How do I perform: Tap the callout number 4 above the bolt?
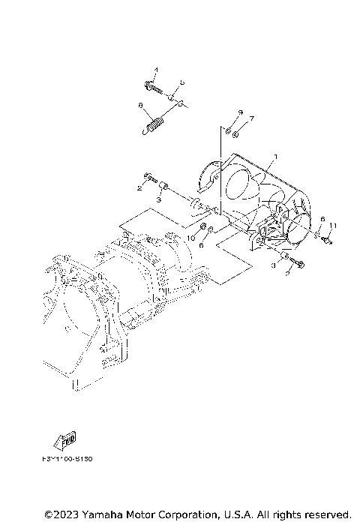(157, 70)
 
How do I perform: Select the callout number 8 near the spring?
(140, 107)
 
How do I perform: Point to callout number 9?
(240, 112)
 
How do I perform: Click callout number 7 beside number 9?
(253, 118)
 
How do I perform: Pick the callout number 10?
(190, 237)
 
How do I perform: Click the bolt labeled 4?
(155, 88)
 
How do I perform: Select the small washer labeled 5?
(172, 97)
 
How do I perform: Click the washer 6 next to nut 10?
(211, 229)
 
